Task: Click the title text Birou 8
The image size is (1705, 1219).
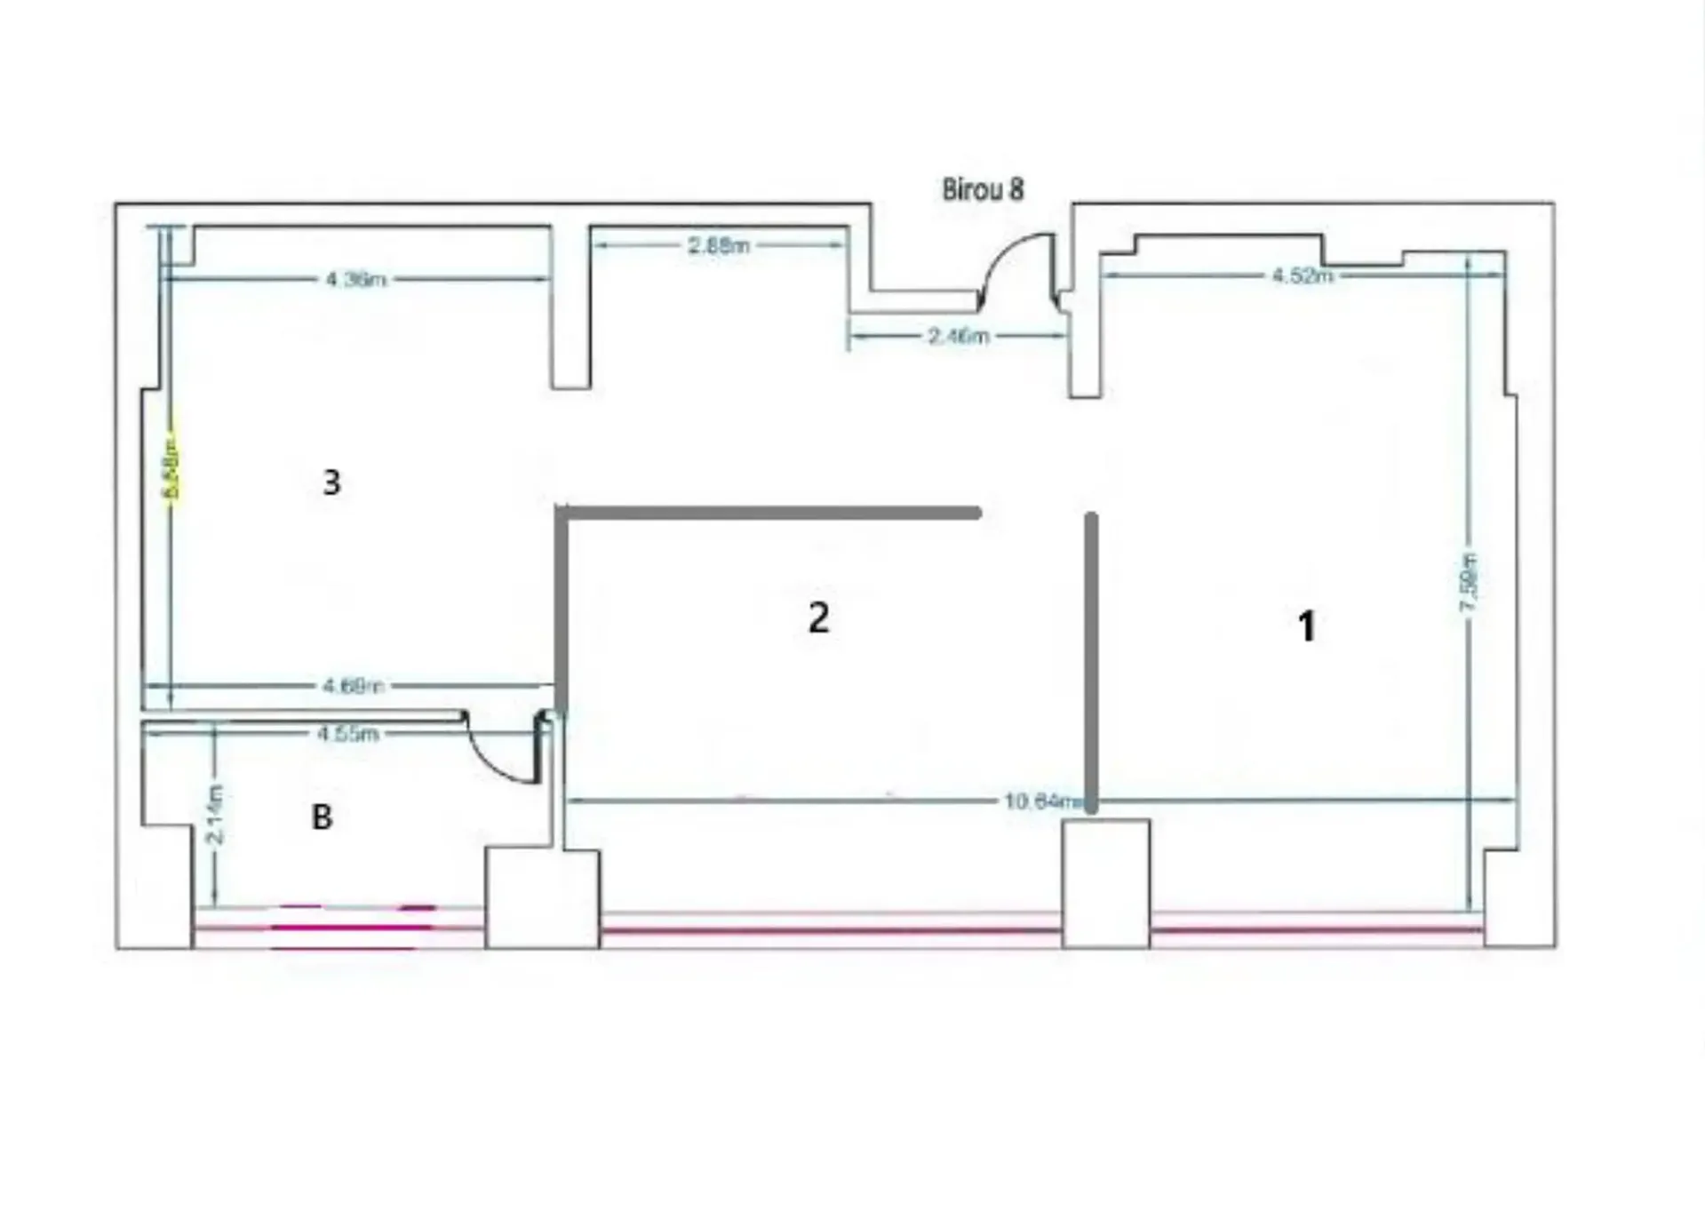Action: (982, 189)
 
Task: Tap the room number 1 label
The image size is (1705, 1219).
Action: (1306, 626)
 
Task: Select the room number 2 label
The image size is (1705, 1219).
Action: (818, 617)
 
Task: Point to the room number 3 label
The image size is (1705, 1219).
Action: (331, 482)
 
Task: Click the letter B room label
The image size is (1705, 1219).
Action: (322, 817)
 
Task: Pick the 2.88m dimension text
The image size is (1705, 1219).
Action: (718, 245)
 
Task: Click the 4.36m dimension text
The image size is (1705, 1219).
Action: (355, 279)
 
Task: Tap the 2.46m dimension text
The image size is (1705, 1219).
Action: (958, 336)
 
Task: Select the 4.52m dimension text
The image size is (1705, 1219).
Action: (1303, 275)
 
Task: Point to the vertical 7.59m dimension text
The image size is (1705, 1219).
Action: (1468, 582)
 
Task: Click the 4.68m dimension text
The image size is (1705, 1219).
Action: (353, 686)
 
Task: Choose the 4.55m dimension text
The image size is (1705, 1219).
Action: (348, 734)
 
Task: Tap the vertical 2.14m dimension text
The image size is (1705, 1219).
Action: (215, 814)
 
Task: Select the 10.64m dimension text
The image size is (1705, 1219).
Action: (1041, 801)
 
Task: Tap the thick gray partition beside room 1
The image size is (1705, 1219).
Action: (1091, 662)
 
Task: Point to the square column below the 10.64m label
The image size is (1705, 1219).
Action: (1105, 882)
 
